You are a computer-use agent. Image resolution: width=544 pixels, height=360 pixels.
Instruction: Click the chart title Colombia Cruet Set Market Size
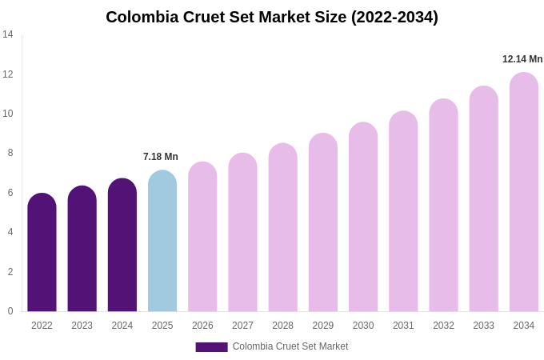pos(272,17)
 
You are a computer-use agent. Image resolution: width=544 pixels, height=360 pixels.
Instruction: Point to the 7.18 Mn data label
pos(161,157)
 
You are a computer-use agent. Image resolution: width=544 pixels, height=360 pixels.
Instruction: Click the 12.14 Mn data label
pos(522,59)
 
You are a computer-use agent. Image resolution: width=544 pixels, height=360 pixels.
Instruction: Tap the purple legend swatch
pos(211,347)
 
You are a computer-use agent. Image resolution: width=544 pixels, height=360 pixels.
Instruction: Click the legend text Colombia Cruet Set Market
pos(290,346)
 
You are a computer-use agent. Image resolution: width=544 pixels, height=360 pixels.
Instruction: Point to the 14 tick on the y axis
pos(8,34)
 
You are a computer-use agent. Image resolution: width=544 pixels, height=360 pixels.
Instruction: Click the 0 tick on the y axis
pos(10,311)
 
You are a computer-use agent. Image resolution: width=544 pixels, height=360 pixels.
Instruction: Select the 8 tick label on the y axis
pos(10,153)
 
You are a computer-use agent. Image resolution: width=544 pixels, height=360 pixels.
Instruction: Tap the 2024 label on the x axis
pos(122,326)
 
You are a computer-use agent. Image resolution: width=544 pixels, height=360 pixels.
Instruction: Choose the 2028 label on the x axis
pos(282,326)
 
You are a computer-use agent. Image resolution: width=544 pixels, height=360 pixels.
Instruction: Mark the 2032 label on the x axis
pos(443,326)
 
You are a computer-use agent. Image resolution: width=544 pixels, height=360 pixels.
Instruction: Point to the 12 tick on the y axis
pos(8,74)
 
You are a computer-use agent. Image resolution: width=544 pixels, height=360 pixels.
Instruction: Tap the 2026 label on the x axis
pos(202,326)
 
